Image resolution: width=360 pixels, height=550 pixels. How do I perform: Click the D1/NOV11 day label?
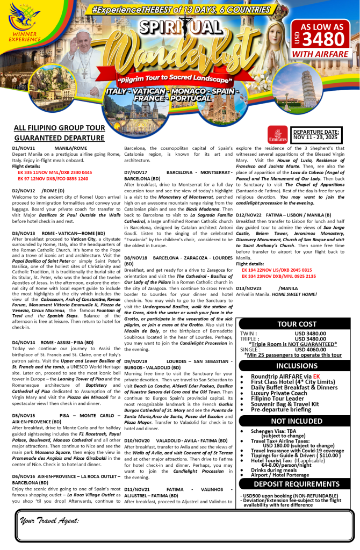pos(23,148)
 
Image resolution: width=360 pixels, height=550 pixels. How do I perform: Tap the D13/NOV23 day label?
pos(248,288)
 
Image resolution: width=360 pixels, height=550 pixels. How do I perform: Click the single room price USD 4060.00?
pos(318,350)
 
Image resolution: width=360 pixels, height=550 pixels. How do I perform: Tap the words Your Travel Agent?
pos(49,520)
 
